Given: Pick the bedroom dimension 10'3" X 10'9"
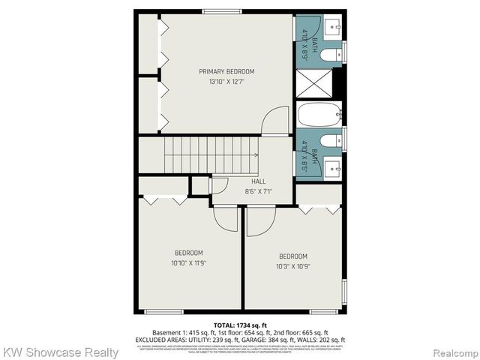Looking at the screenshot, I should tap(292, 266).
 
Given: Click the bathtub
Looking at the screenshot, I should tap(319, 115).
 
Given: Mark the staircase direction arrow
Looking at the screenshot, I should tap(255, 154).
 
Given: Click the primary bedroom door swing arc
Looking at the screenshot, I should tap(277, 120).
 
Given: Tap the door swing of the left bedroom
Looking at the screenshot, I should tap(226, 220).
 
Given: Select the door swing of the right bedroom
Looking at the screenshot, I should tap(260, 223).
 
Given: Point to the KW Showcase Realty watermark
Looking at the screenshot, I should tap(61, 352).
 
